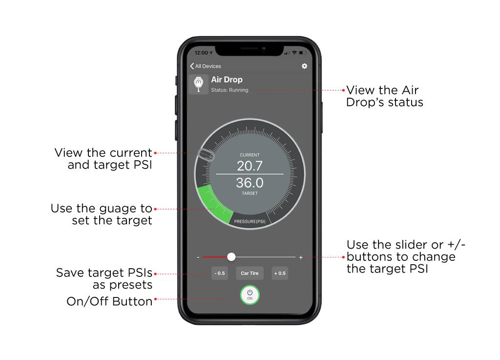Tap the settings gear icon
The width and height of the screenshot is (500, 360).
[304, 66]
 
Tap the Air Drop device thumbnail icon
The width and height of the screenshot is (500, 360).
[198, 84]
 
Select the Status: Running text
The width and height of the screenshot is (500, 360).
[229, 90]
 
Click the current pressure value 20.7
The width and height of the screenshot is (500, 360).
[250, 166]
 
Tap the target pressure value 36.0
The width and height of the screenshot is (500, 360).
[250, 183]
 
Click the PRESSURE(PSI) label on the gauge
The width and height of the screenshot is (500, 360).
[250, 221]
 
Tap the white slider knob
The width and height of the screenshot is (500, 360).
[231, 257]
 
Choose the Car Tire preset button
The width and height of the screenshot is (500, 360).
[250, 273]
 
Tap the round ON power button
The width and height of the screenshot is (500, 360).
[250, 295]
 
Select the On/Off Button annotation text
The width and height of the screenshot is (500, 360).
[109, 301]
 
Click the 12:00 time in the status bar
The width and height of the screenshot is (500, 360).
[201, 53]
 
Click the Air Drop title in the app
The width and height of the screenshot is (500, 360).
[227, 80]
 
